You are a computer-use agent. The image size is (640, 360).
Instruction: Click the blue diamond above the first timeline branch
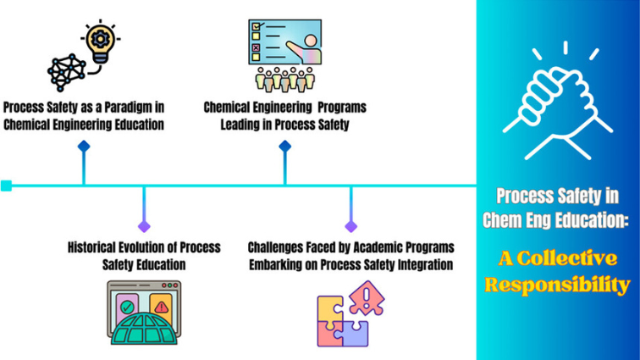(x=83, y=147)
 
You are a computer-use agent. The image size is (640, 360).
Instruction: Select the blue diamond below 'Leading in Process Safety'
(x=285, y=147)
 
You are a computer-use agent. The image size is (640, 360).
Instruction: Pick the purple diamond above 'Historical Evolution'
(x=144, y=225)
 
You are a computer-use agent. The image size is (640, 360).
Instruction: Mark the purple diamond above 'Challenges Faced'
(x=350, y=225)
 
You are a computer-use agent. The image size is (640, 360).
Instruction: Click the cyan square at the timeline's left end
(x=6, y=185)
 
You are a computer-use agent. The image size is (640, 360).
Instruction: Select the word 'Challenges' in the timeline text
(x=283, y=247)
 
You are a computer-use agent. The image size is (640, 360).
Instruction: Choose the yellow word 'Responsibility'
(x=558, y=285)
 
